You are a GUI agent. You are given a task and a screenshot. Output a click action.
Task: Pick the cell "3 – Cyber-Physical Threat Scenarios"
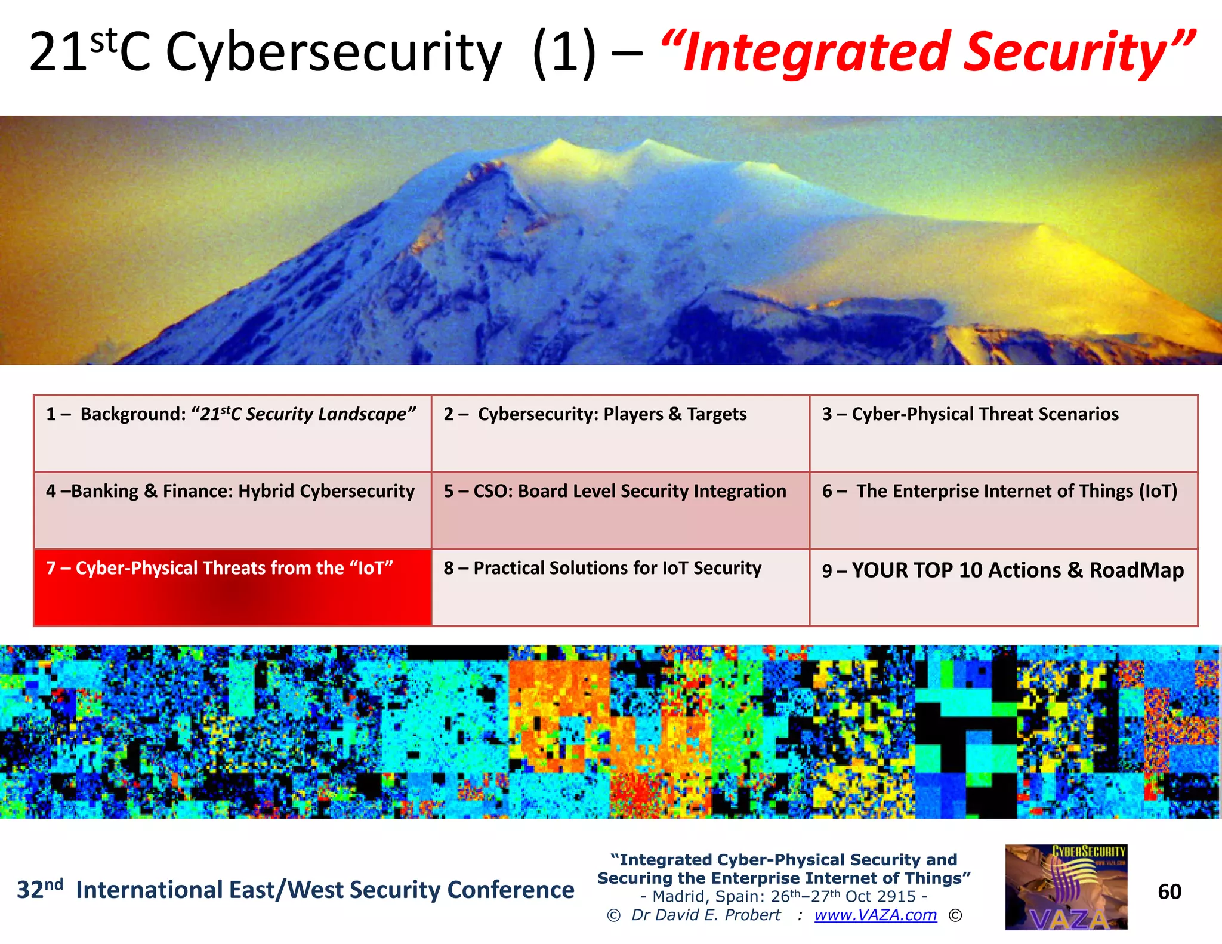point(1003,433)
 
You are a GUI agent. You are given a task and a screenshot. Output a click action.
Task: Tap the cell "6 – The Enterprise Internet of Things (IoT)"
point(1003,510)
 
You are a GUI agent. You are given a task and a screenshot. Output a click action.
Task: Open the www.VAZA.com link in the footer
point(875,915)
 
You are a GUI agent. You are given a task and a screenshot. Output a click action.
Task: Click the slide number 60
point(1169,891)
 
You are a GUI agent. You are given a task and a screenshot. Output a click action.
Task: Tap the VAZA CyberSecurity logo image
point(1066,887)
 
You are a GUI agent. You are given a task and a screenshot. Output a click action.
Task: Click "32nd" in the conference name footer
point(39,889)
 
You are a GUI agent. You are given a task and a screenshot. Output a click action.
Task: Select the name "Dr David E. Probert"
point(706,915)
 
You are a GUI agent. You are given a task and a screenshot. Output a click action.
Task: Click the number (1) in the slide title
point(564,53)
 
